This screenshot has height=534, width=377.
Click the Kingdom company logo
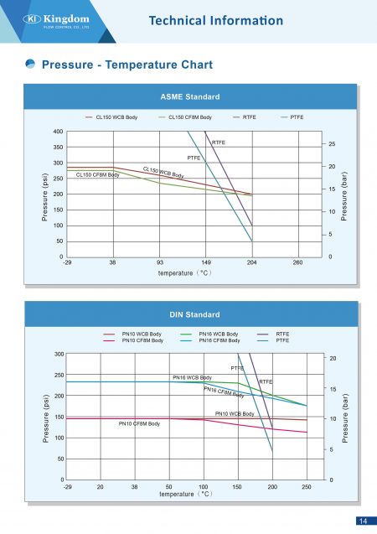pyautogui.click(x=56, y=21)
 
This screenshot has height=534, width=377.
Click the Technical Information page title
pyautogui.click(x=216, y=20)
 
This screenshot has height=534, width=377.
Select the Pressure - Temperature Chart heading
pyautogui.click(x=127, y=65)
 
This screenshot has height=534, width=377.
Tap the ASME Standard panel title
pyautogui.click(x=190, y=96)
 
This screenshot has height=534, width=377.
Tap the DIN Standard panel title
pyautogui.click(x=194, y=314)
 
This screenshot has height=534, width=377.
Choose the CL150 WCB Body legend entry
pyautogui.click(x=111, y=117)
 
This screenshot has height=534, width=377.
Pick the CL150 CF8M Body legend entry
pyautogui.click(x=185, y=117)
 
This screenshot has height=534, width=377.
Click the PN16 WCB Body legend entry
pyautogui.click(x=209, y=334)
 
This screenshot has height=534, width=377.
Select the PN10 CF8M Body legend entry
pyautogui.click(x=133, y=340)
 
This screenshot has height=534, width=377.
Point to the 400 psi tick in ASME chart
pyautogui.click(x=58, y=132)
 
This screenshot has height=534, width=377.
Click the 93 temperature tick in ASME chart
pyautogui.click(x=159, y=262)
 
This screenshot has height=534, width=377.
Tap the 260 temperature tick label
pyautogui.click(x=297, y=262)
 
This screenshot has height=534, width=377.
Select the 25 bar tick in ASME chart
pyautogui.click(x=332, y=144)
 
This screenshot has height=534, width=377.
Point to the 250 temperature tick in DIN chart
pyautogui.click(x=307, y=487)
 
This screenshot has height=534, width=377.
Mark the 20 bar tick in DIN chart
pyautogui.click(x=333, y=358)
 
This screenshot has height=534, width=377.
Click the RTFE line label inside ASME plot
pyautogui.click(x=219, y=143)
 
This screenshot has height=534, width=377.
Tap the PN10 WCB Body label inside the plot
pyautogui.click(x=235, y=414)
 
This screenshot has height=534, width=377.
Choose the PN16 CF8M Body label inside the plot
pyautogui.click(x=224, y=392)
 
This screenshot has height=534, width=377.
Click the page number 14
pyautogui.click(x=363, y=521)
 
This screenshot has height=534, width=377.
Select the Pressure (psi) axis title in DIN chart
pyautogui.click(x=46, y=418)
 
